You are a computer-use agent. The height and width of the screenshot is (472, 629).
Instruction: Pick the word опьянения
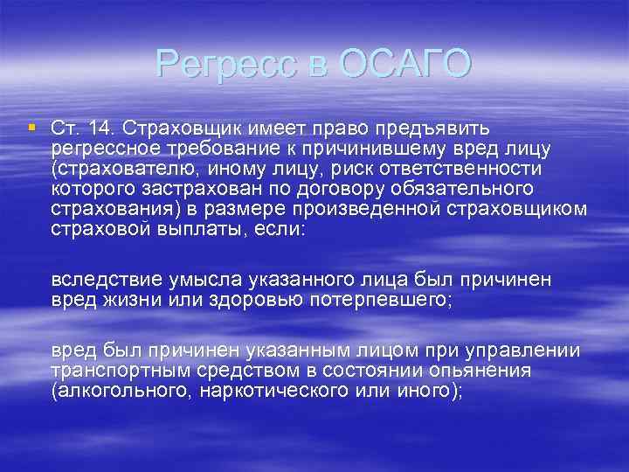pos(472,371)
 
